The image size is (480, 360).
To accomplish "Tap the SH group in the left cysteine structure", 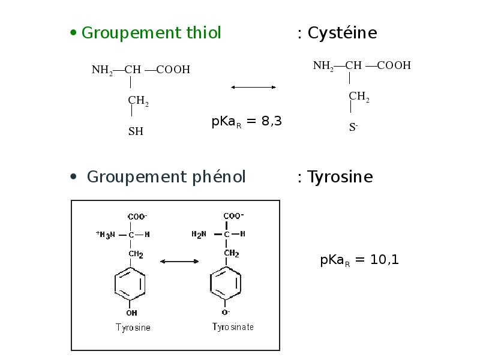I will click(136, 131).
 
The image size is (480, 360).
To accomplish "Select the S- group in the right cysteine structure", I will click(353, 127).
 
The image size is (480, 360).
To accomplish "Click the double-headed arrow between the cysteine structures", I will click(253, 88).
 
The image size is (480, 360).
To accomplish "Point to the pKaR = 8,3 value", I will click(247, 122).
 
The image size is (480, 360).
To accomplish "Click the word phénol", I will click(218, 177).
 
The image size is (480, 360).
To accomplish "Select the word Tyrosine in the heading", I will click(340, 177).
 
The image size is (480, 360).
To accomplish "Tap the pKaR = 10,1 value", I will click(359, 260).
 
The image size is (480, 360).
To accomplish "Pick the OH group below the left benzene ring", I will click(131, 313).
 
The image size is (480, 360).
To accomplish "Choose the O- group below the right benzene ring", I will click(226, 313).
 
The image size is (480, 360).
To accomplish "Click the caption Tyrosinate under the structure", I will click(233, 327).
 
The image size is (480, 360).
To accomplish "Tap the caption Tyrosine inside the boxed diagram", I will click(133, 328).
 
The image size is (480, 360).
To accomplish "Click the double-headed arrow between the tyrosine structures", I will click(179, 261).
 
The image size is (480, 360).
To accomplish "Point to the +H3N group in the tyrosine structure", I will click(105, 235).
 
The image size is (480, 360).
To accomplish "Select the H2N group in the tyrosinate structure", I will click(199, 235).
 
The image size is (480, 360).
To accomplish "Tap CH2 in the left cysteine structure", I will click(138, 101).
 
